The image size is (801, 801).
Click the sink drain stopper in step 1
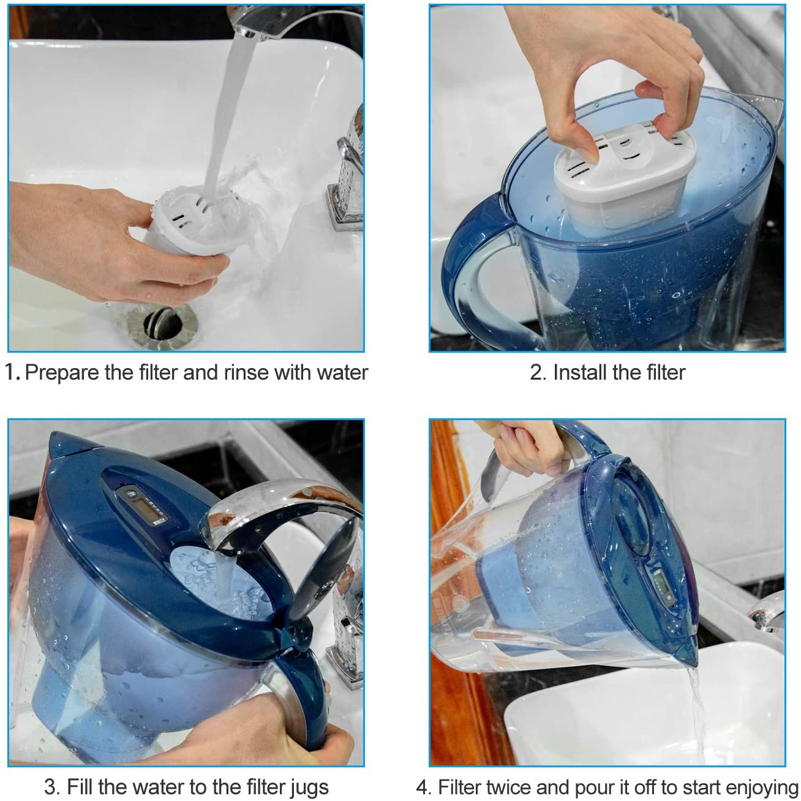162,323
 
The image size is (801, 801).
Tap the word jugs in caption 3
309,787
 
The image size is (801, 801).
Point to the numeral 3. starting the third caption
52,787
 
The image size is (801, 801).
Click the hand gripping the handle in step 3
266,723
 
